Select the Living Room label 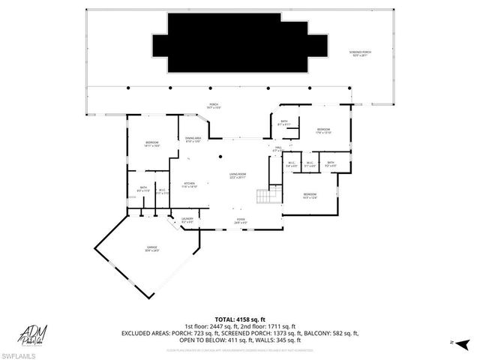point(238,176)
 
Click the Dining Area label point(194,139)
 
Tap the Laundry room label point(187,220)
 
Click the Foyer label point(241,221)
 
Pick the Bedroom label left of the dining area point(153,144)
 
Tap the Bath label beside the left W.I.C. point(143,190)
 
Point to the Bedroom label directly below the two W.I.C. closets point(310,196)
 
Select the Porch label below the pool point(213,106)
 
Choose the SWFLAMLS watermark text point(19,353)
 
